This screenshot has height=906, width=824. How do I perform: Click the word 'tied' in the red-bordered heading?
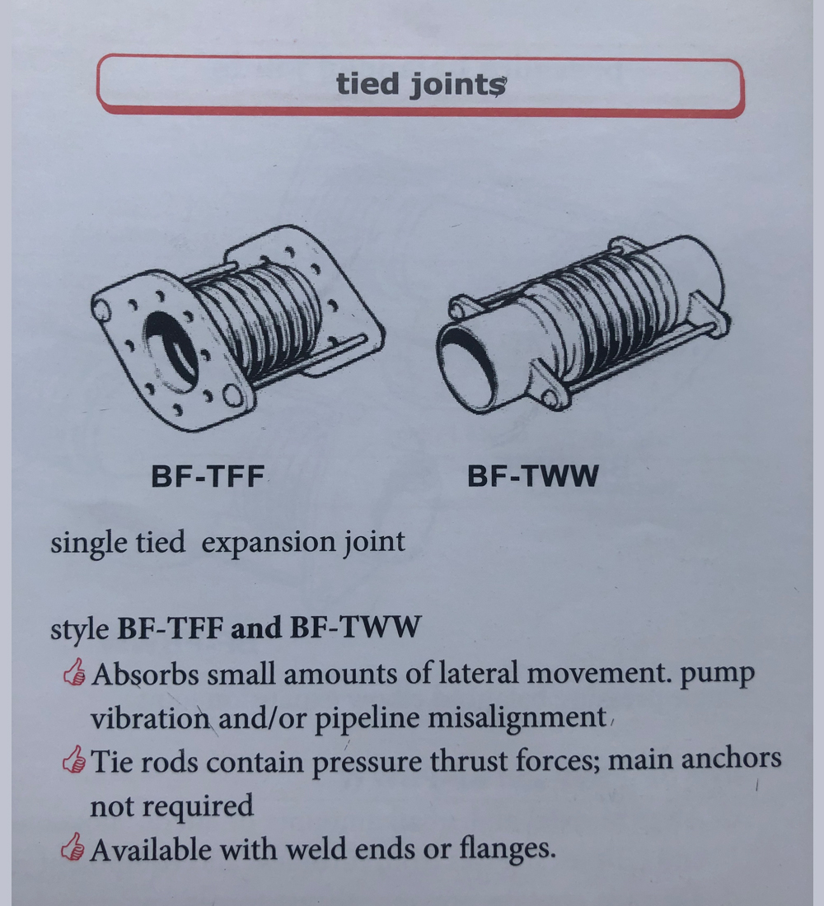point(368,83)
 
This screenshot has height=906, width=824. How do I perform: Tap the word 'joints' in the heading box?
point(458,86)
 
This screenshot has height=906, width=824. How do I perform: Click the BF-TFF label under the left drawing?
point(207,477)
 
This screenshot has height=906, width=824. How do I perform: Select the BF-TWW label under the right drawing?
point(532,476)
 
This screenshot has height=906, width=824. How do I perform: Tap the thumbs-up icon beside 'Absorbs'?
point(75,673)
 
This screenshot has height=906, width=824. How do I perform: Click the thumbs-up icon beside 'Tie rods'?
point(74,759)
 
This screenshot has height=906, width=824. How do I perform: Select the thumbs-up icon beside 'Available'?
point(73,847)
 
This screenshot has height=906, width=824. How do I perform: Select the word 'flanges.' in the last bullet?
point(507,849)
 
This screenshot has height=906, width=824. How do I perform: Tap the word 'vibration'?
point(150,718)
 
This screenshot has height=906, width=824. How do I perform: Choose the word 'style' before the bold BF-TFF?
point(79,629)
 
